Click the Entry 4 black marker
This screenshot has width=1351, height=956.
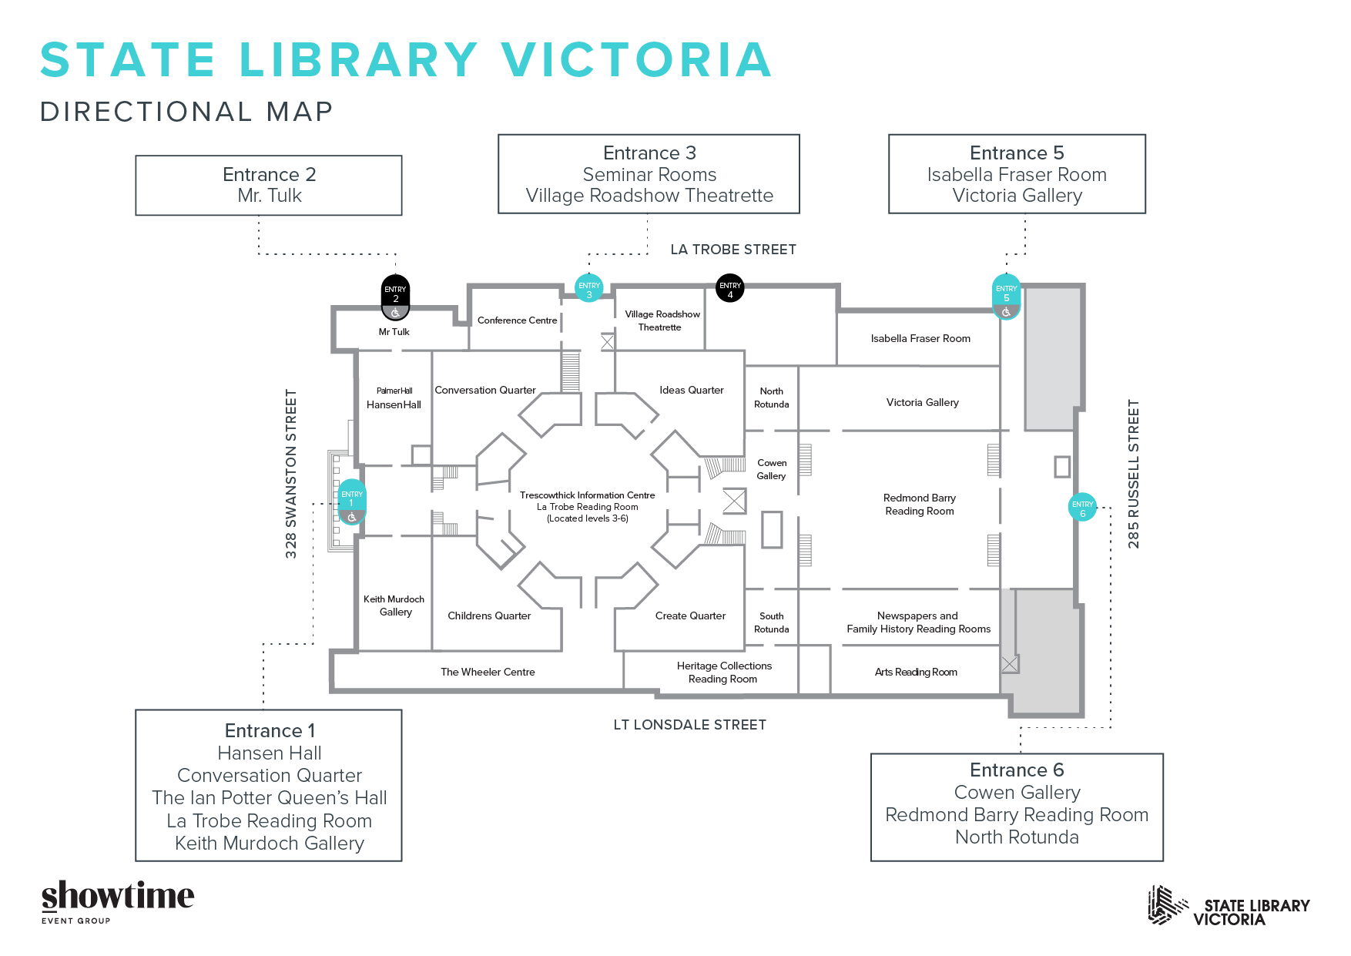click(729, 288)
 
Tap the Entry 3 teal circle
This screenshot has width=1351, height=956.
click(589, 288)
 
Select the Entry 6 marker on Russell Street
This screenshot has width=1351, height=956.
click(1082, 507)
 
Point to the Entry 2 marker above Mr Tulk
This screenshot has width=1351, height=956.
click(396, 297)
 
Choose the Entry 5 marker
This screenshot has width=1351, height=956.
click(1006, 297)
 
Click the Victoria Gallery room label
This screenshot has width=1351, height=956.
click(922, 402)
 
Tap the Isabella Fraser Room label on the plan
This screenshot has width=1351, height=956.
click(920, 338)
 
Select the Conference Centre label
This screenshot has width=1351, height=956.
click(517, 320)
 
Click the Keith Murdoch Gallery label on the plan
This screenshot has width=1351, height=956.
click(394, 605)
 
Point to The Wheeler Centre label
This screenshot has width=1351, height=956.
click(488, 672)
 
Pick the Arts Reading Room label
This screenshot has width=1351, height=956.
click(916, 672)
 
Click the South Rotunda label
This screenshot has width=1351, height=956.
click(771, 622)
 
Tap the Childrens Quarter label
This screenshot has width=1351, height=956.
click(489, 616)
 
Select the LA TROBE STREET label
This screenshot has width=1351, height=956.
click(733, 250)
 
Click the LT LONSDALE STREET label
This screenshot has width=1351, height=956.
click(689, 725)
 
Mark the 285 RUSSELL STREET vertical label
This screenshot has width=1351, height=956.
click(1133, 474)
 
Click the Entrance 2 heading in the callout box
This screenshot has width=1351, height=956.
click(269, 175)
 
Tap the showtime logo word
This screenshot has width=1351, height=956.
click(118, 896)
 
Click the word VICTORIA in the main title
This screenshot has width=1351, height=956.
click(636, 60)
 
